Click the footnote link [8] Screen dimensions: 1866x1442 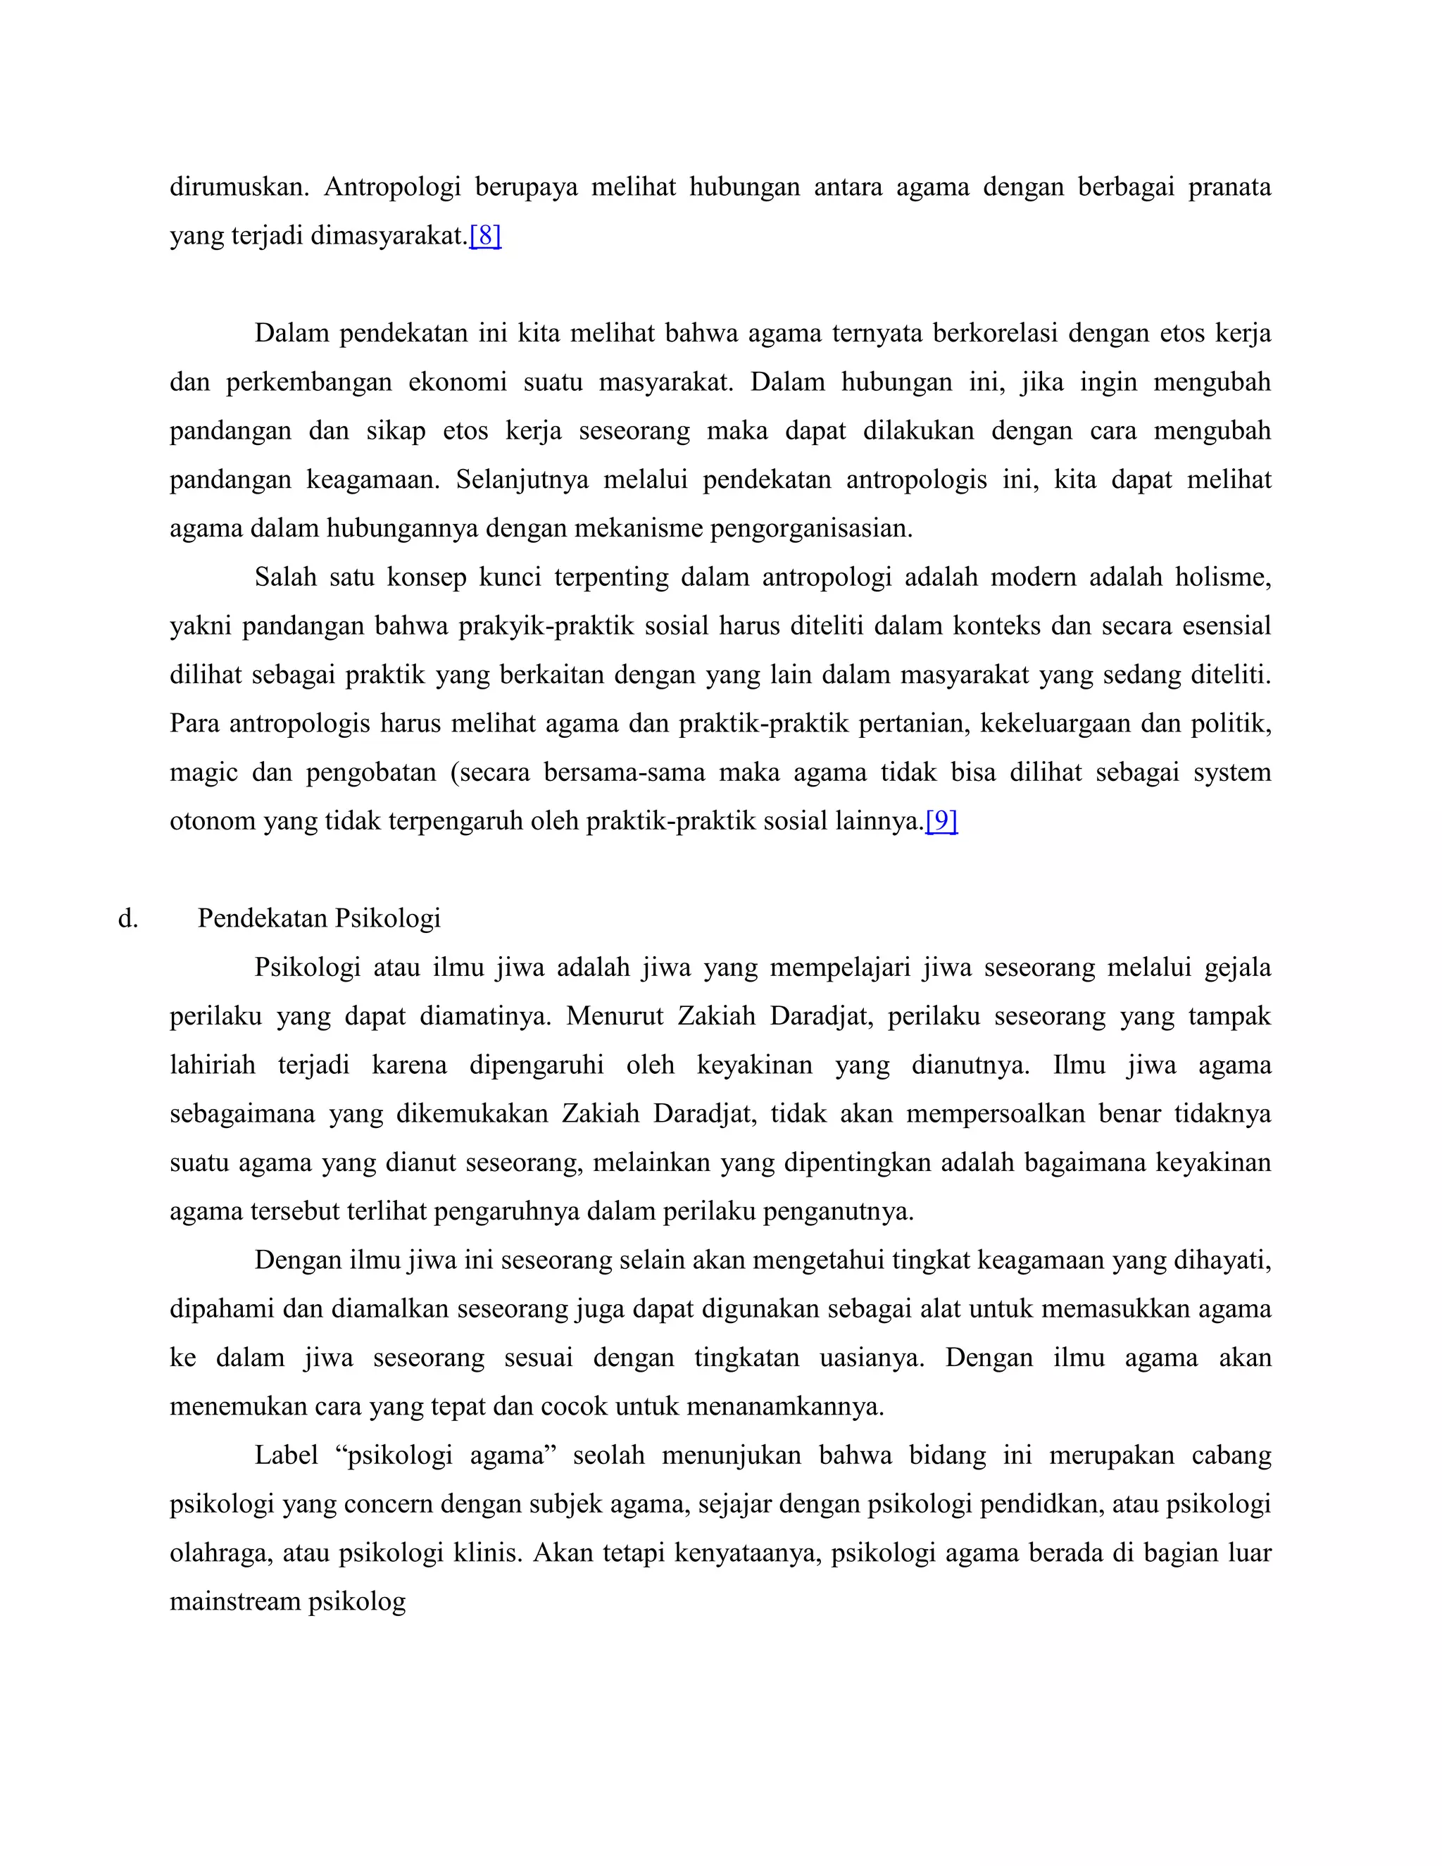pos(485,236)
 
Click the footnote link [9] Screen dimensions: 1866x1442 pos(941,821)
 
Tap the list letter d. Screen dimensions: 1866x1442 pos(127,918)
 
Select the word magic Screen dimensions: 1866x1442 pos(203,772)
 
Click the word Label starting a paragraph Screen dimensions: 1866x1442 pos(285,1455)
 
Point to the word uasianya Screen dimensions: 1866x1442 pos(872,1358)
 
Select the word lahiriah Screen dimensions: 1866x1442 pos(213,1065)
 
